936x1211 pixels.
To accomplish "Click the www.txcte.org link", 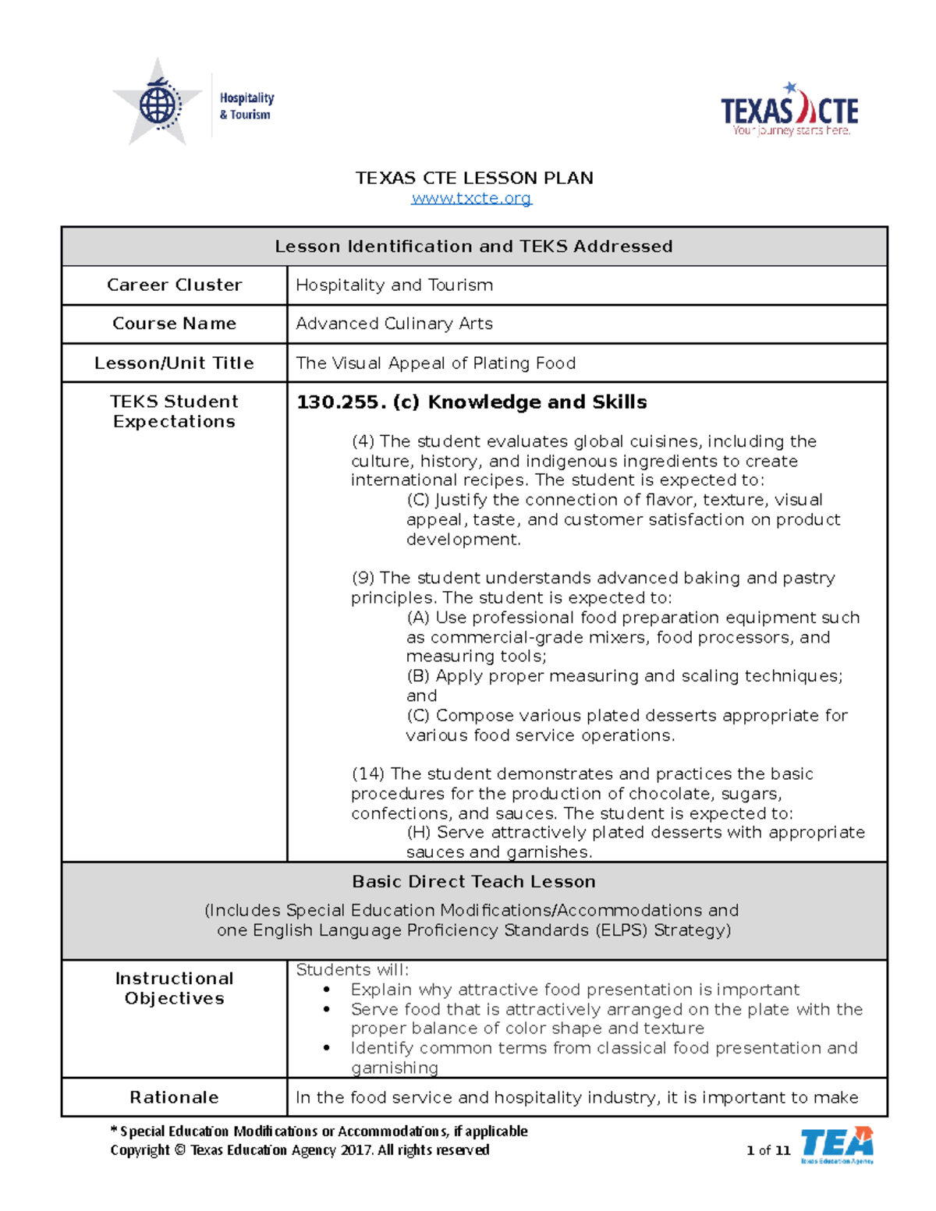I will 471,198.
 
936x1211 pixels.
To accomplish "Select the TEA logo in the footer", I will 837,1145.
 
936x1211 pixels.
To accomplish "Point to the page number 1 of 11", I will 768,1150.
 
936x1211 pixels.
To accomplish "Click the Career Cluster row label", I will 174,285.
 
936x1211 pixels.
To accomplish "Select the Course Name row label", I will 174,324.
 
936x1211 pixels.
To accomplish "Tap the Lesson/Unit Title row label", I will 174,363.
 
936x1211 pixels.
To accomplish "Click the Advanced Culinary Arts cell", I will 394,324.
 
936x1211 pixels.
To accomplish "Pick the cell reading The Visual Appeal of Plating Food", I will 435,363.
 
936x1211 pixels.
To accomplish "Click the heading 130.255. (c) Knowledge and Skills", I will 471,402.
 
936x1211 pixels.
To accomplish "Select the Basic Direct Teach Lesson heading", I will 473,882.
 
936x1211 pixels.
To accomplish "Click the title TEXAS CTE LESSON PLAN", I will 474,178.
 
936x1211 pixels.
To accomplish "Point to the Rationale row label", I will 174,1098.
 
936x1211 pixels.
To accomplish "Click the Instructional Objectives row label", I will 174,989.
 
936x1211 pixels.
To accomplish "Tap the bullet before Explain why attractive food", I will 327,990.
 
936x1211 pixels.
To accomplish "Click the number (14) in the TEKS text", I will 367,774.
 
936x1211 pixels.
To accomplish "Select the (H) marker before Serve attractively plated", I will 418,833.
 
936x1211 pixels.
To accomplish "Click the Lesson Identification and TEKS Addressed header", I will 473,246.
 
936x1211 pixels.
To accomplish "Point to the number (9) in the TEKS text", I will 363,579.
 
